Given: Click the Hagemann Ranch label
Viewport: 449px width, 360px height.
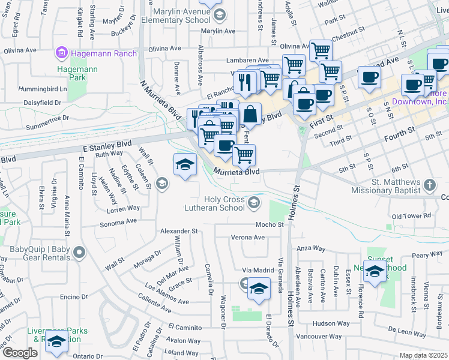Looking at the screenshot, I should (104, 53).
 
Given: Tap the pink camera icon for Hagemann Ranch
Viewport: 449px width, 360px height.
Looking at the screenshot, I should (61, 53).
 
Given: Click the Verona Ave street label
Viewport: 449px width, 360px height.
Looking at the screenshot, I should (249, 237).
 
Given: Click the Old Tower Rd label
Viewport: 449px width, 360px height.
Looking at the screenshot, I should (411, 215).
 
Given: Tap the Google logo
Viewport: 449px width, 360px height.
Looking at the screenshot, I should (20, 353).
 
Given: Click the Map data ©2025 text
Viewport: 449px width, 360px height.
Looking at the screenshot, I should (424, 355).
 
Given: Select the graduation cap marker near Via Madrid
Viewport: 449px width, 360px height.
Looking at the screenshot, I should (259, 289).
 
